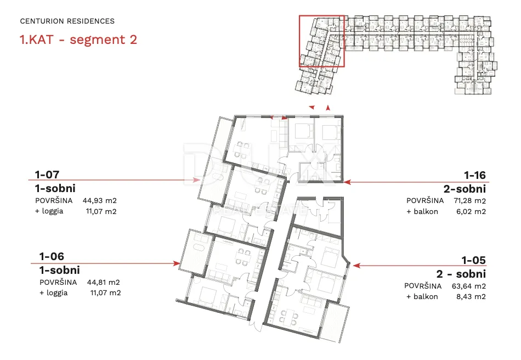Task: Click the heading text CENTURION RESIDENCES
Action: coord(67,21)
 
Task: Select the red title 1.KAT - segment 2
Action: coord(78,40)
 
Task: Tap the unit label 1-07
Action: coord(47,175)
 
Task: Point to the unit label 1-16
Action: coord(475,175)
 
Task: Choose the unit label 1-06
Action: coord(52,256)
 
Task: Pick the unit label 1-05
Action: coord(474,260)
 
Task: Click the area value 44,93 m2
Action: coord(100,201)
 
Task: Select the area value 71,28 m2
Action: coord(470,201)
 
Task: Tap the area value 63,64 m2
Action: coord(469,286)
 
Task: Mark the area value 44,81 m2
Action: coord(103,283)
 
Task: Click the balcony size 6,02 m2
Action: coord(471,212)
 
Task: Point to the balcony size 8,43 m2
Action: coord(471,297)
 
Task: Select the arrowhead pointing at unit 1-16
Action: coord(347,182)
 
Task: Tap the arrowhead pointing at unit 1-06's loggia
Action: coord(177,263)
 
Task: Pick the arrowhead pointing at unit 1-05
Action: coord(356,265)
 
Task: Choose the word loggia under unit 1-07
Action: coord(53,211)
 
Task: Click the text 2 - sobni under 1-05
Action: coord(461,274)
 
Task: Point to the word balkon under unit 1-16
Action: coord(426,212)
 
